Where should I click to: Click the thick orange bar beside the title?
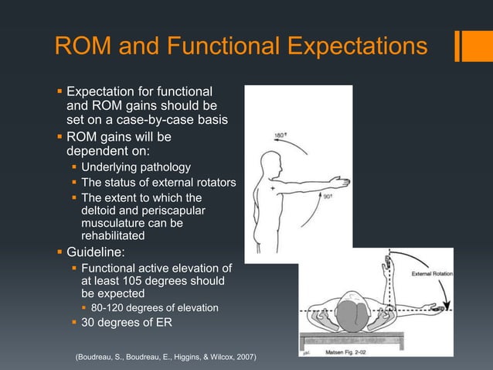[x=467, y=45]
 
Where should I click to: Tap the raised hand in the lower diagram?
[x=386, y=262]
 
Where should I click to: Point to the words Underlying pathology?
[x=135, y=166]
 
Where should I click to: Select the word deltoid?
[x=100, y=211]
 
